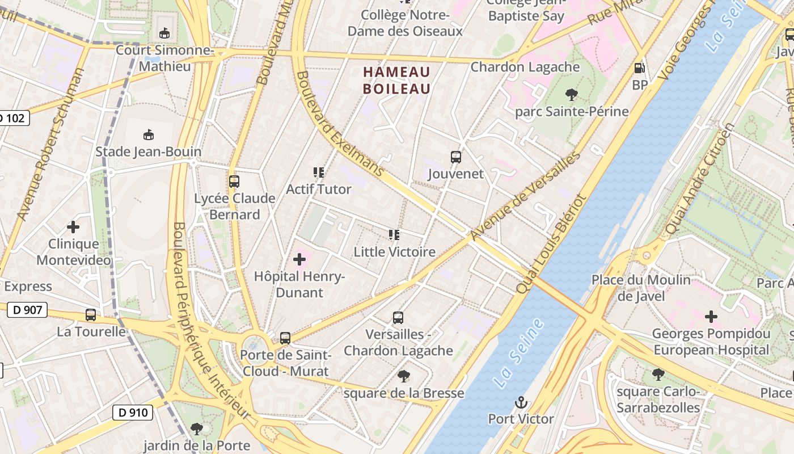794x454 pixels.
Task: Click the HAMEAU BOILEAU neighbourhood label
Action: [x=396, y=80]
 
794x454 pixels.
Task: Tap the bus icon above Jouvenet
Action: [x=455, y=157]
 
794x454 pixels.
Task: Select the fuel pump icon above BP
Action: [x=639, y=68]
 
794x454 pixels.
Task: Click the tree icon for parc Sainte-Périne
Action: [x=572, y=95]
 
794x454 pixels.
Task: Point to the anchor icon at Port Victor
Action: [x=521, y=403]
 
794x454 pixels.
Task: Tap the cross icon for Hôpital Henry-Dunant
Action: [x=299, y=260]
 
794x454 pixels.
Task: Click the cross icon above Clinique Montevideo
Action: [x=73, y=227]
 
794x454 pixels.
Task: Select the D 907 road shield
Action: [x=27, y=310]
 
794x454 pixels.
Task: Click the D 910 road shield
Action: [x=133, y=412]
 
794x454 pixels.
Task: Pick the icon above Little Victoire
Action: [x=394, y=235]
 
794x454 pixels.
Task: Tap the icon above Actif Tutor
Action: [x=319, y=172]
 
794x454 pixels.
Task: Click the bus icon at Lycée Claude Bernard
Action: [x=234, y=182]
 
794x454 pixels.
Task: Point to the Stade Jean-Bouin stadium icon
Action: [x=148, y=135]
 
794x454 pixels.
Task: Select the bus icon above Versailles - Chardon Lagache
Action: [x=398, y=318]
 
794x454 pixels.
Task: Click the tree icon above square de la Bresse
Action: [x=404, y=376]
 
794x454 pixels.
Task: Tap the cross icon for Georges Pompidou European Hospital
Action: [x=711, y=317]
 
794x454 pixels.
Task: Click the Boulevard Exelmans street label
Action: [x=340, y=124]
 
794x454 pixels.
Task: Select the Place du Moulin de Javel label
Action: [x=641, y=288]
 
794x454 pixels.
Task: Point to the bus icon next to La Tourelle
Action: [x=91, y=315]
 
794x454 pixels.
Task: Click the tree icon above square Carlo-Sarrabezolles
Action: [x=658, y=375]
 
